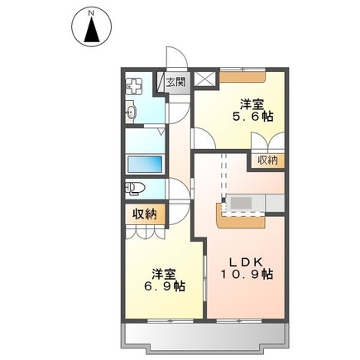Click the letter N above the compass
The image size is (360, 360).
click(91, 12)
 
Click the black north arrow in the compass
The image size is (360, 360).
click(92, 29)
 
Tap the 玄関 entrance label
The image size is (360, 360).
click(175, 82)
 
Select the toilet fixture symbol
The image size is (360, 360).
click(135, 189)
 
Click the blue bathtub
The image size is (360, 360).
click(145, 164)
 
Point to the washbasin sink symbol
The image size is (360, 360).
click(131, 112)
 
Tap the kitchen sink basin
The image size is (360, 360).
click(242, 204)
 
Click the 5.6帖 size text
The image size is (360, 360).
click(253, 118)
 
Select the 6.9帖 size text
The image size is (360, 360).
click(165, 286)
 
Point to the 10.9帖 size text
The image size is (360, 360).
click(247, 275)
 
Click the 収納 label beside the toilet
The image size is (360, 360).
click(145, 214)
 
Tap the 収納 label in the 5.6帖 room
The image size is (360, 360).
click(268, 161)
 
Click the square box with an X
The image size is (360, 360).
click(205, 79)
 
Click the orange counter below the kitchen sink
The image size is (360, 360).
click(241, 220)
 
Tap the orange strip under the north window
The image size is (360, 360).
click(242, 77)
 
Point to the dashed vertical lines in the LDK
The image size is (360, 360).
click(223, 175)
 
